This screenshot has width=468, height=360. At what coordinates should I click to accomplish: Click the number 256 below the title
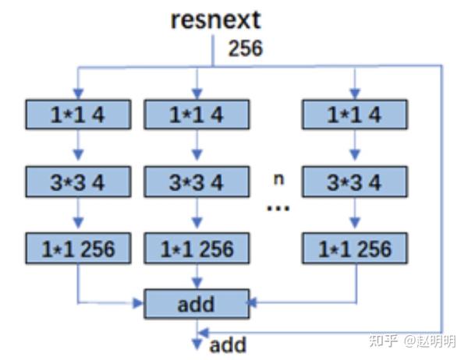tap(245, 48)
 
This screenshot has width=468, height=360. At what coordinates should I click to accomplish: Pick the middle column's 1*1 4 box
tap(197, 115)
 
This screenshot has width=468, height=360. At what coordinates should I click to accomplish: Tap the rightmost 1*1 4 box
tap(355, 115)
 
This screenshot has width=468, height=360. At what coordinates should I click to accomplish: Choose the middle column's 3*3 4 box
tap(197, 182)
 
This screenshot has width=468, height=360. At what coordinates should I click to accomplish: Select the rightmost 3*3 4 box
tap(355, 182)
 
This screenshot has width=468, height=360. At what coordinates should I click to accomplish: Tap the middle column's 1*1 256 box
tap(197, 249)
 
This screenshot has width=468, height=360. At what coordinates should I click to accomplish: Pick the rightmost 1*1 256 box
tap(355, 249)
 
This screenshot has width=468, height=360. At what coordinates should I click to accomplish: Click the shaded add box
tap(197, 302)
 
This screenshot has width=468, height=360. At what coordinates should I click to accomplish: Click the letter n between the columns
tap(278, 179)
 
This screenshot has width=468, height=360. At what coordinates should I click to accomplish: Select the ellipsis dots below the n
tap(278, 209)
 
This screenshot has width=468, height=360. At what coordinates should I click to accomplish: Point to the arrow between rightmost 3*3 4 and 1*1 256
tap(355, 216)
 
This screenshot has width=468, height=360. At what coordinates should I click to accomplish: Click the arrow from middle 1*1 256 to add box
tap(197, 276)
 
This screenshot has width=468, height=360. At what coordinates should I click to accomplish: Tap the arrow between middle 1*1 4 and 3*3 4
tap(197, 148)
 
